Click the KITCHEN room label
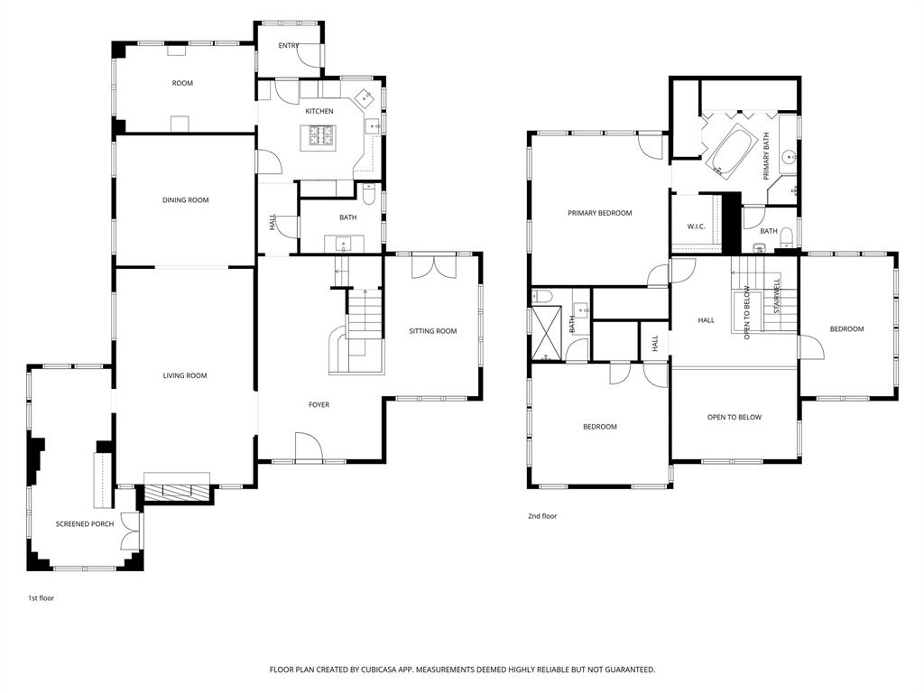[319, 111]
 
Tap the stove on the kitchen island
[321, 136]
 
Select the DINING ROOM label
[185, 200]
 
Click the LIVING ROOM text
[185, 375]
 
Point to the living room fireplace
[177, 492]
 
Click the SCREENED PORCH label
[85, 523]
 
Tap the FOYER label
[319, 405]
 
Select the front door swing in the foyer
[307, 447]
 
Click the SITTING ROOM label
[433, 331]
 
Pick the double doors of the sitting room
[433, 267]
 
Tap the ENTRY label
[289, 45]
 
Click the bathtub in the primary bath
[732, 151]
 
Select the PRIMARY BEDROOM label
[599, 213]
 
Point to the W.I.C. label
[696, 226]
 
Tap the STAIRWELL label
[777, 296]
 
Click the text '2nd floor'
[542, 516]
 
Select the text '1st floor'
[41, 597]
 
